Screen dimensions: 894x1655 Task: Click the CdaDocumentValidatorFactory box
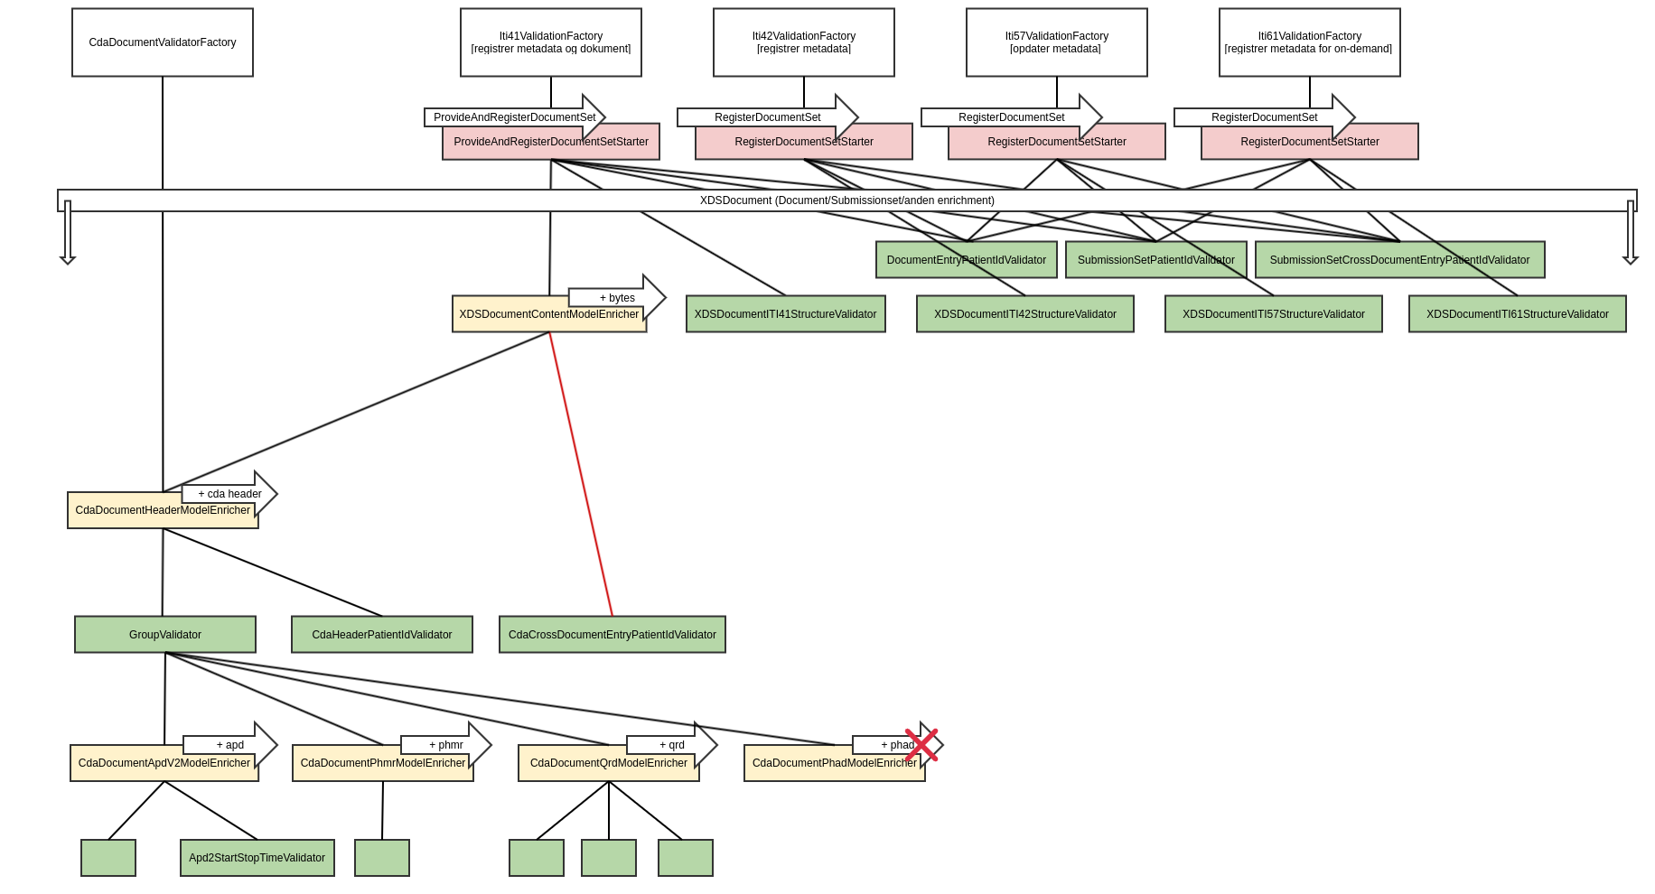pyautogui.click(x=163, y=42)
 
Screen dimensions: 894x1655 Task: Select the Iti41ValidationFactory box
pyautogui.click(x=551, y=42)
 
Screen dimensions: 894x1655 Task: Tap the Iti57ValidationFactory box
pyautogui.click(x=1057, y=42)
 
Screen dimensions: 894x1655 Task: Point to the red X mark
pyautogui.click(x=921, y=745)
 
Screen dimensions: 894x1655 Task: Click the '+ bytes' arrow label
pyautogui.click(x=618, y=298)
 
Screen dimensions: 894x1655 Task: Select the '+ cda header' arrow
pyautogui.click(x=230, y=494)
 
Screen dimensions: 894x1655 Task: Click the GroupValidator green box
pyautogui.click(x=165, y=635)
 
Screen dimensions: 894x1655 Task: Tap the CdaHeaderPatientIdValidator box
pyautogui.click(x=382, y=635)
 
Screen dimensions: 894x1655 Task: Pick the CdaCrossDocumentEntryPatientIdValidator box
pyautogui.click(x=612, y=635)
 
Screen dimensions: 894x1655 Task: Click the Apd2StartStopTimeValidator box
pyautogui.click(x=257, y=858)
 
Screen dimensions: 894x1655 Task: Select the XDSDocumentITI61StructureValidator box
pyautogui.click(x=1518, y=314)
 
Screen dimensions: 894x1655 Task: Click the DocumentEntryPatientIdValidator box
pyautogui.click(x=967, y=260)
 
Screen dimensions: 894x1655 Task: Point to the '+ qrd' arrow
pyautogui.click(x=672, y=745)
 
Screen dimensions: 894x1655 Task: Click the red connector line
pyautogui.click(x=581, y=474)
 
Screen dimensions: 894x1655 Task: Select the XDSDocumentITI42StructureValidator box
pyautogui.click(x=1025, y=314)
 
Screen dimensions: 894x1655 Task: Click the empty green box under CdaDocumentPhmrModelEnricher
pyautogui.click(x=382, y=858)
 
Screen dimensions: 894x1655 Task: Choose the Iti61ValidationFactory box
pyautogui.click(x=1310, y=42)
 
